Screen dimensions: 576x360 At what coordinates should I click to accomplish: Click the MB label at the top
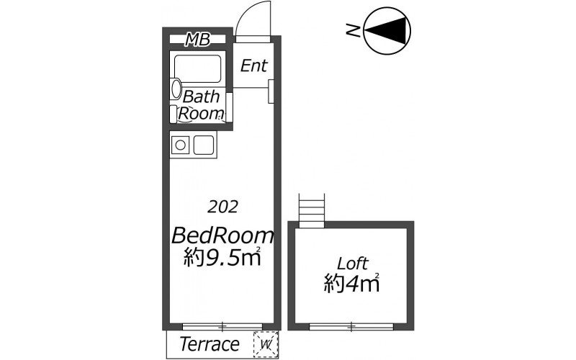pyautogui.click(x=197, y=39)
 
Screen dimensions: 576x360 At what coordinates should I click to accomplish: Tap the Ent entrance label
pyautogui.click(x=254, y=66)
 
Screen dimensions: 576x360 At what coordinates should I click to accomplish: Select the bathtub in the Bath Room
pyautogui.click(x=197, y=69)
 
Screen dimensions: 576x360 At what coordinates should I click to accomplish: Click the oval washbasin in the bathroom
pyautogui.click(x=176, y=89)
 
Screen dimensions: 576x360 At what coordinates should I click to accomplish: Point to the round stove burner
pyautogui.click(x=180, y=145)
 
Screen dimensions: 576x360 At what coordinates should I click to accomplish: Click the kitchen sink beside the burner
pyautogui.click(x=203, y=145)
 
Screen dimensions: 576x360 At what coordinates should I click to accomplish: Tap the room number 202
pyautogui.click(x=222, y=207)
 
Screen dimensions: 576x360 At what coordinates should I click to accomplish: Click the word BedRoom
pyautogui.click(x=222, y=235)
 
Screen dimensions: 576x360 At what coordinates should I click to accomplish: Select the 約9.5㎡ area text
pyautogui.click(x=222, y=257)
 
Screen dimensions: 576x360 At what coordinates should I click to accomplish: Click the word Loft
pyautogui.click(x=353, y=263)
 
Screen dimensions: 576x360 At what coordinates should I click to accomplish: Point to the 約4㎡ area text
pyautogui.click(x=351, y=283)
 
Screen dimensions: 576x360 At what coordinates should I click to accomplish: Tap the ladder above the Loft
pyautogui.click(x=312, y=210)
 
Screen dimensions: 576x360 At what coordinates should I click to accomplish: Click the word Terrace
pyautogui.click(x=210, y=344)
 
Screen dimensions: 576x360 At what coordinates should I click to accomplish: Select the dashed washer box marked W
pyautogui.click(x=266, y=345)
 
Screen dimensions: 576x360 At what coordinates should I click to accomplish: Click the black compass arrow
pyautogui.click(x=388, y=30)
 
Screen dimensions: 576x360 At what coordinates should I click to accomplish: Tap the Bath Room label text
pyautogui.click(x=201, y=104)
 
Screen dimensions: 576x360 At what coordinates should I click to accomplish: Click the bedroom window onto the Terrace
pyautogui.click(x=222, y=326)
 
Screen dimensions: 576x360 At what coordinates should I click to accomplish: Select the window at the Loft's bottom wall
pyautogui.click(x=351, y=326)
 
